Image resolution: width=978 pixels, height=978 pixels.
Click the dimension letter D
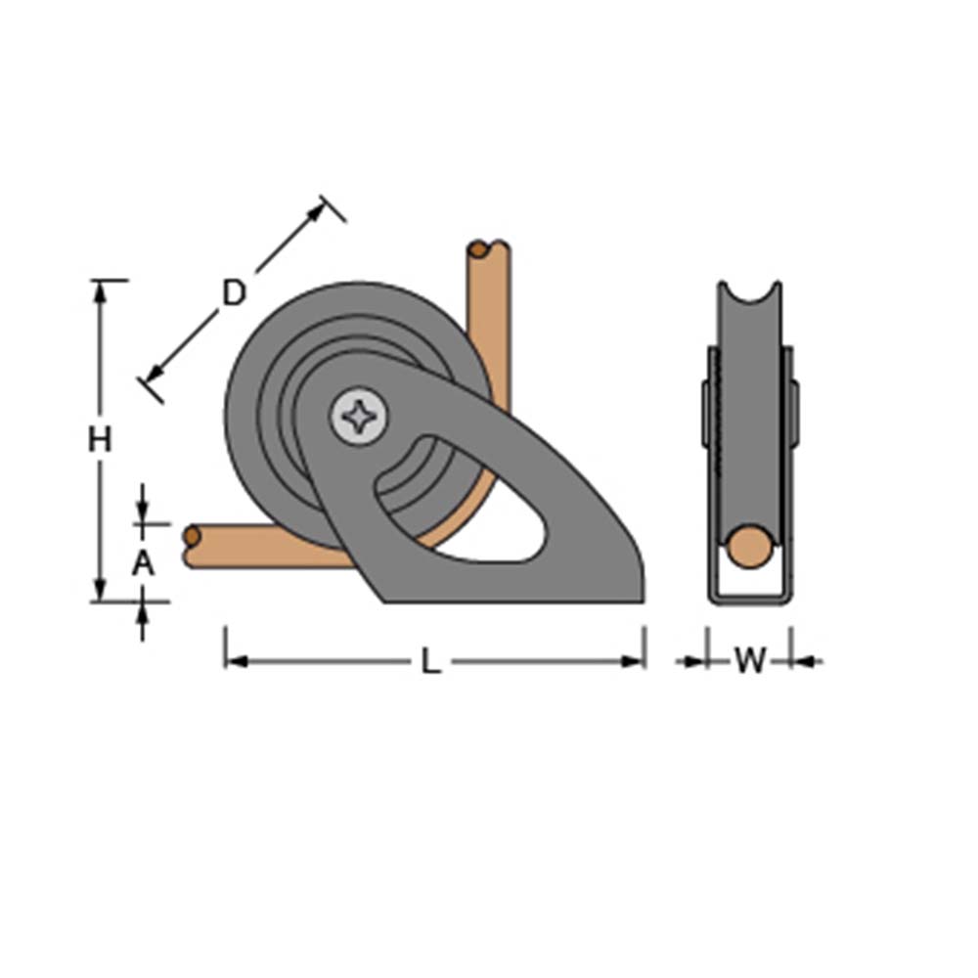coord(233,292)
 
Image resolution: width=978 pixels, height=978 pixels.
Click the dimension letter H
coord(99,440)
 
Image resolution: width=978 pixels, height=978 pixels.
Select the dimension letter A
coord(143,563)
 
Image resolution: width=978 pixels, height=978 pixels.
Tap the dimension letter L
coord(430,662)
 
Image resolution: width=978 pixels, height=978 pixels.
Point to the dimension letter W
coord(749,662)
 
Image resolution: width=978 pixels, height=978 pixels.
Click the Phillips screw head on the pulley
coord(359,417)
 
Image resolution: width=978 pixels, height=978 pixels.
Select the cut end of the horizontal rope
coord(192,537)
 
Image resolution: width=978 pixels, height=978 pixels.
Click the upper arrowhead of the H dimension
coord(99,289)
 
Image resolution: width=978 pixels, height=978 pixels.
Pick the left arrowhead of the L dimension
coord(233,662)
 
